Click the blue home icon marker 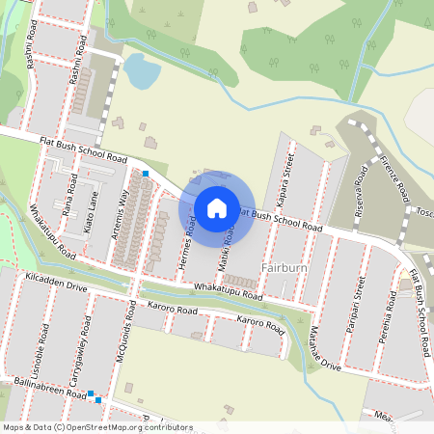[x=217, y=207]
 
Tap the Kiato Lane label [x=90, y=213]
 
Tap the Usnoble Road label [x=42, y=347]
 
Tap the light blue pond [x=142, y=70]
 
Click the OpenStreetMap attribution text [x=97, y=427]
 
